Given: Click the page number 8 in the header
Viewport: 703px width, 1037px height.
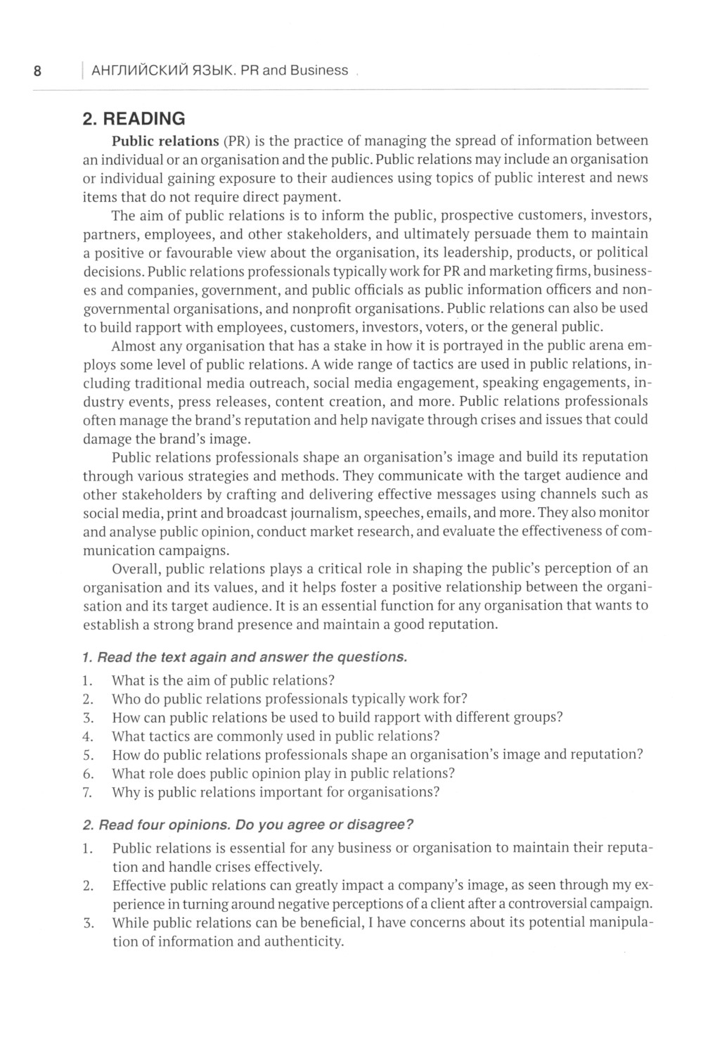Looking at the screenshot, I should tap(37, 70).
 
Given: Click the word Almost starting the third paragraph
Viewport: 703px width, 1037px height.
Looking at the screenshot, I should tap(135, 345).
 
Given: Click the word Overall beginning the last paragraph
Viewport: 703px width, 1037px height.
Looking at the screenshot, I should tap(136, 568).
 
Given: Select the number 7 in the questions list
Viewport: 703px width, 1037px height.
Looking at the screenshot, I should tap(88, 791).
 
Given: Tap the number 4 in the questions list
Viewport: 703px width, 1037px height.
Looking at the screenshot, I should tap(88, 736).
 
